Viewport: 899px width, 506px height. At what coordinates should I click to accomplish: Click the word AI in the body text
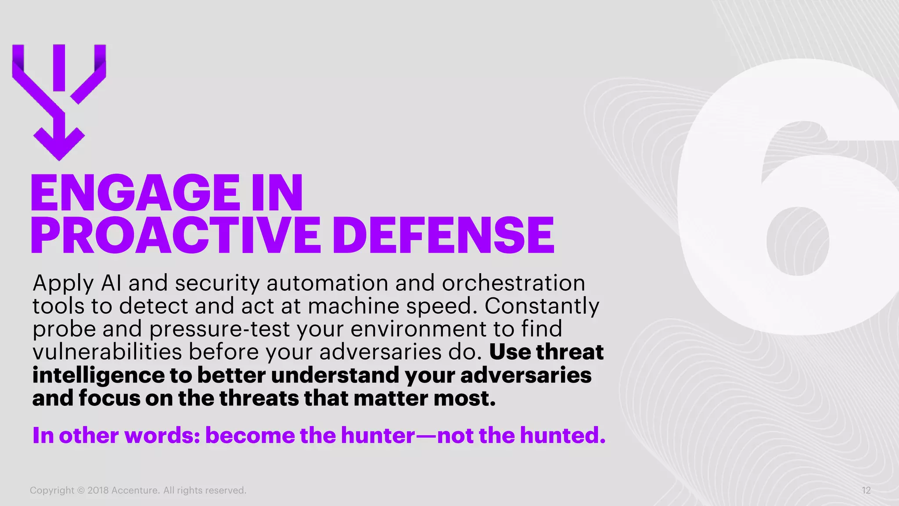[x=111, y=283]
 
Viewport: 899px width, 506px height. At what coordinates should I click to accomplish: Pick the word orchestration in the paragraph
[x=513, y=283]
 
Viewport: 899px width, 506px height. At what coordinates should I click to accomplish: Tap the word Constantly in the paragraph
[x=542, y=306]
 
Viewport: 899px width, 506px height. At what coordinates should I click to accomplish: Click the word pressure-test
[x=220, y=329]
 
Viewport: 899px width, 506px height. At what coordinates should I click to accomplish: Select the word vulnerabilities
[x=108, y=352]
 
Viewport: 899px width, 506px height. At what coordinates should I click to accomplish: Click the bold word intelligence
[x=99, y=376]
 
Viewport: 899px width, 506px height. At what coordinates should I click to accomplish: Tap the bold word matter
[x=390, y=398]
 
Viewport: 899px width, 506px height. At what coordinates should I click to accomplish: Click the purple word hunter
[x=378, y=435]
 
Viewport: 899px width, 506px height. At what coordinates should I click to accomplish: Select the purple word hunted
[x=562, y=435]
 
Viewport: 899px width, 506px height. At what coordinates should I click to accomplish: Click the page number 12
[x=866, y=491]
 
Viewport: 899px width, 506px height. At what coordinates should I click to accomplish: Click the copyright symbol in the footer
[x=81, y=491]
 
